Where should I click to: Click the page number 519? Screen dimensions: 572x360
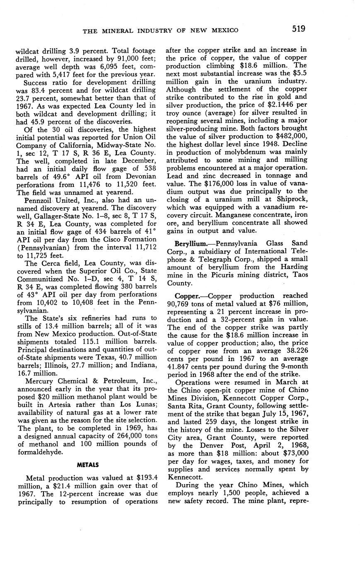click(x=298, y=29)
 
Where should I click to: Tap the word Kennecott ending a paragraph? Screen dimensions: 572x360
click(x=184, y=477)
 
